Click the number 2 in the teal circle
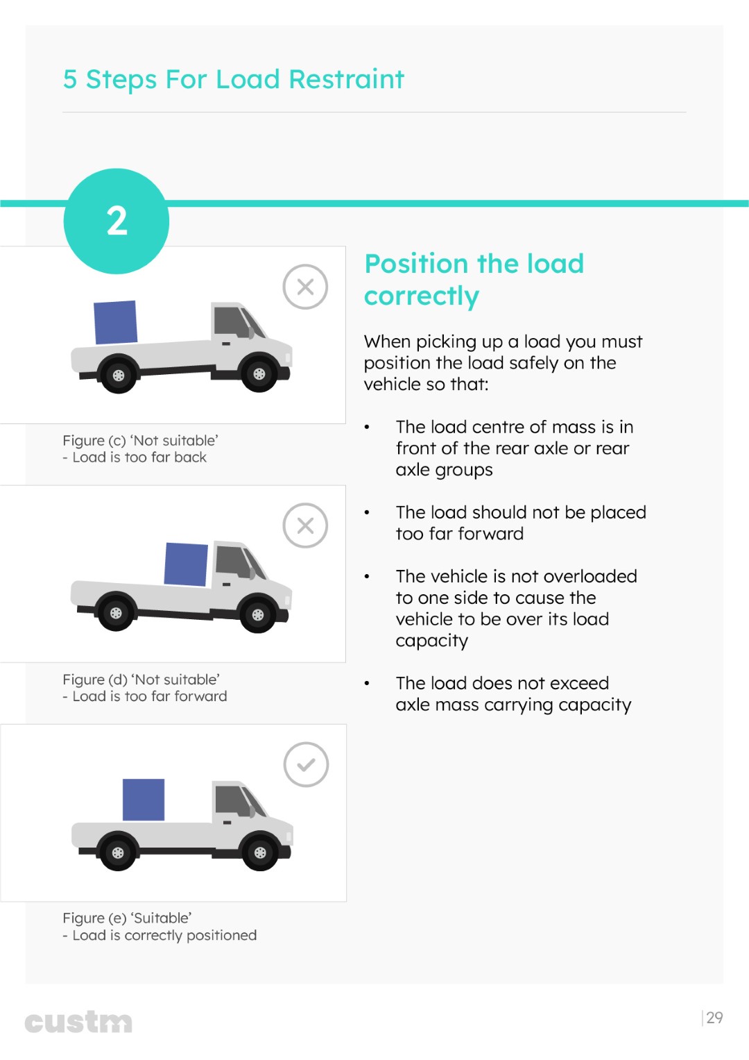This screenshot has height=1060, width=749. (x=117, y=221)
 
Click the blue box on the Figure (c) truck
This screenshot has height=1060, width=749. (x=115, y=322)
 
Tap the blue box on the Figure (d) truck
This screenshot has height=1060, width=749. (x=186, y=564)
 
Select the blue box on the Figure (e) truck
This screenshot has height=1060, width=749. (x=144, y=800)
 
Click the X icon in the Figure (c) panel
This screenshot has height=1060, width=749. (x=305, y=287)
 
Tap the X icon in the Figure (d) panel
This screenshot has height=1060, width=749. (x=305, y=525)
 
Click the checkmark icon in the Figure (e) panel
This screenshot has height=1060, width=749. (x=306, y=764)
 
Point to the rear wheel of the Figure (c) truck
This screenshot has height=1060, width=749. (x=118, y=375)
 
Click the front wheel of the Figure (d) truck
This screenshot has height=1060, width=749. (x=258, y=615)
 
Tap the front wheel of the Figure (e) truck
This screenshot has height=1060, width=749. (x=260, y=852)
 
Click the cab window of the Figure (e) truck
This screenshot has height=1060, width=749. (x=232, y=800)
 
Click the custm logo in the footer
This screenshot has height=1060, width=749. (x=78, y=1022)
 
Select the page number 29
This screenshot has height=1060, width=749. (x=714, y=1018)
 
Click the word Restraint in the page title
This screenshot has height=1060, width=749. (x=347, y=79)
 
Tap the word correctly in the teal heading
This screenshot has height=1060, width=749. (x=422, y=296)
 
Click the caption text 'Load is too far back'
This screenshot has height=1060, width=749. (x=139, y=457)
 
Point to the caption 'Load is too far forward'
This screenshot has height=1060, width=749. (x=150, y=696)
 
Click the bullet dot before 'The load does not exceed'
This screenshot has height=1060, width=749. (x=367, y=683)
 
